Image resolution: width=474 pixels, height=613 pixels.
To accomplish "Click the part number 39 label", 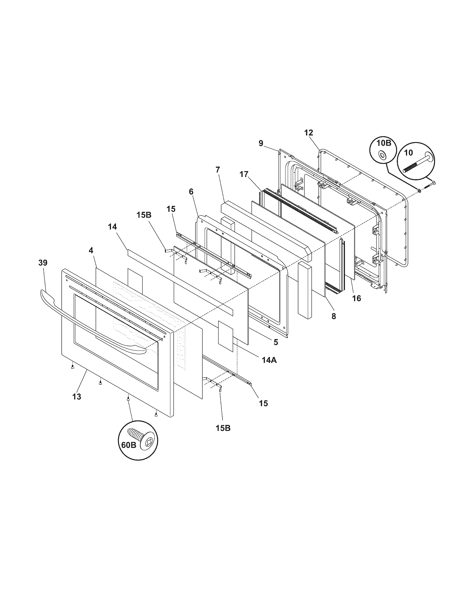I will click(x=43, y=263).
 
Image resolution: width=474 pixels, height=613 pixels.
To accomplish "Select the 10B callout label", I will click(x=384, y=143).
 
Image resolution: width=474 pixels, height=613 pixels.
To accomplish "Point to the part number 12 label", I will click(x=308, y=133).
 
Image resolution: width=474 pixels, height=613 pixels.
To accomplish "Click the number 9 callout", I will click(x=261, y=143).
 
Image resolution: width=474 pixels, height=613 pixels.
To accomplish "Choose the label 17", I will click(x=244, y=174).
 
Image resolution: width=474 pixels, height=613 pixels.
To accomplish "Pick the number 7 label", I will click(x=218, y=169).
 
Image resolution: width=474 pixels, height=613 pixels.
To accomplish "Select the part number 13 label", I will click(x=77, y=396).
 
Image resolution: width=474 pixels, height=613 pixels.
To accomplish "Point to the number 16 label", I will click(x=356, y=298).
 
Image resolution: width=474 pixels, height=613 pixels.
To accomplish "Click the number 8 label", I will click(x=333, y=316).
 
